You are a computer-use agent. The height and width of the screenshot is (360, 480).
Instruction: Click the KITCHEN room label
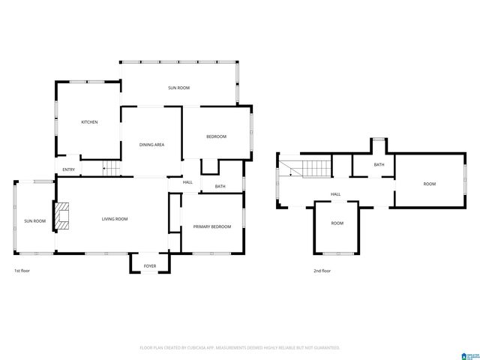(90, 122)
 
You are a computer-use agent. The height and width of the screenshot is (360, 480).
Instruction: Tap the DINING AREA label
(152, 144)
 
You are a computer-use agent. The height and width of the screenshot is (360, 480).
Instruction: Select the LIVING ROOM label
(115, 219)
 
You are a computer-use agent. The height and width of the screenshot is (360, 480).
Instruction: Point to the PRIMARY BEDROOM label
(212, 226)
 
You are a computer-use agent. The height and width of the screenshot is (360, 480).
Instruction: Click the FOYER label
(150, 265)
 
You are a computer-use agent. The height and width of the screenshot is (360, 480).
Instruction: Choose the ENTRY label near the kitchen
(69, 169)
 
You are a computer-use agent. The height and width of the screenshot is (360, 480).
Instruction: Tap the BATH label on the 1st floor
(220, 187)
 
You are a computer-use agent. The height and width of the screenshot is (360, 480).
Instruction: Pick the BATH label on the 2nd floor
(379, 165)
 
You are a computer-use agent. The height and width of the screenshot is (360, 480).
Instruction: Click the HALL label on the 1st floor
(187, 182)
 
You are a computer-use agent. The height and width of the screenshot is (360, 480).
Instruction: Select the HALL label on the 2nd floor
(336, 194)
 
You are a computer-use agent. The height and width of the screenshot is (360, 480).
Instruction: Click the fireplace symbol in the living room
(63, 215)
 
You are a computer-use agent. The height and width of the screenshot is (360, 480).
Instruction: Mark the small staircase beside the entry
(111, 169)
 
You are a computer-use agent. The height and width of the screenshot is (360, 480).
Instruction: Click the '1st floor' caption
(22, 270)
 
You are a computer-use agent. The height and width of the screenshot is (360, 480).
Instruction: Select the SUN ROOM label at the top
(178, 88)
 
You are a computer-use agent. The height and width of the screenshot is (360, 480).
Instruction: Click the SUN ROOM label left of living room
(34, 221)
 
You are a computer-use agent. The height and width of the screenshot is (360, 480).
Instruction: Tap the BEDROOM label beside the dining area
(217, 136)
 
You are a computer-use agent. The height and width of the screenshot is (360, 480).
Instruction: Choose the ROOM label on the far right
(429, 184)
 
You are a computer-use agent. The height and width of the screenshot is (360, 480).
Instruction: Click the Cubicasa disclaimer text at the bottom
(240, 348)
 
